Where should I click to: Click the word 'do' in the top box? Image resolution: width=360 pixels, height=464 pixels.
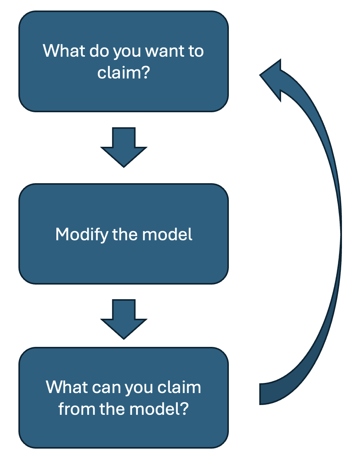pos(99,50)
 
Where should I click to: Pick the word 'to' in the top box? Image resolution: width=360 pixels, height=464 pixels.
pos(196,51)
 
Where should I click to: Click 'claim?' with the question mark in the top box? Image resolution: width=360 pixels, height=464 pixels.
pos(123,72)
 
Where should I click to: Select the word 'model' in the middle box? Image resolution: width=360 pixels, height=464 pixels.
pos(167,234)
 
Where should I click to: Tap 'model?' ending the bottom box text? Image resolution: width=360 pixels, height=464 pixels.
pos(159,408)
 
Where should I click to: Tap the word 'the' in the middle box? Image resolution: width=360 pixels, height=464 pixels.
pos(125,234)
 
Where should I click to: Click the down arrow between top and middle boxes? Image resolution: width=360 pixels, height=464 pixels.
pos(124,147)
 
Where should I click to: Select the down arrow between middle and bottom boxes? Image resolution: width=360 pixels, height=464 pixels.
pos(124,319)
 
